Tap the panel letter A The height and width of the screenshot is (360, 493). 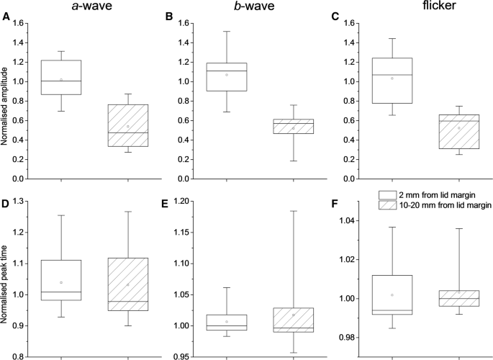[x=6, y=18]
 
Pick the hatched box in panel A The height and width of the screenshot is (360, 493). [x=127, y=125]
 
